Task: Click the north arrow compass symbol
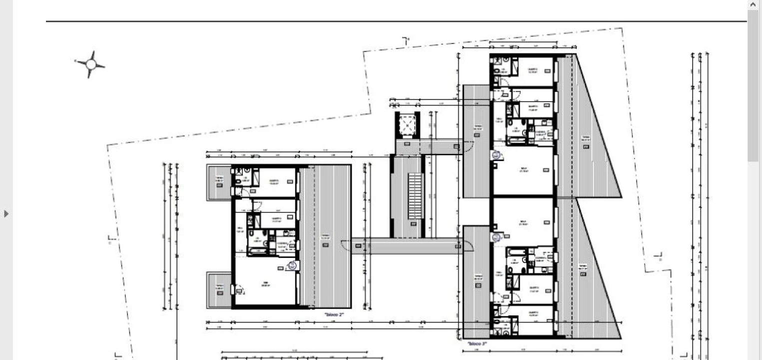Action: tap(90, 64)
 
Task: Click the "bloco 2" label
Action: tap(334, 314)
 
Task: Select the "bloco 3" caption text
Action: tap(477, 344)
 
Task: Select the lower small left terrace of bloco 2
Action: tap(219, 289)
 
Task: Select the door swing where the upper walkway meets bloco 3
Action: tap(469, 146)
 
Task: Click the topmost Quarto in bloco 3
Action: tap(533, 71)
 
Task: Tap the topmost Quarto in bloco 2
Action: tap(274, 182)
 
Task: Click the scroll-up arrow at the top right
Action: tap(753, 4)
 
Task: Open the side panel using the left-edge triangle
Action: tap(6, 214)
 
